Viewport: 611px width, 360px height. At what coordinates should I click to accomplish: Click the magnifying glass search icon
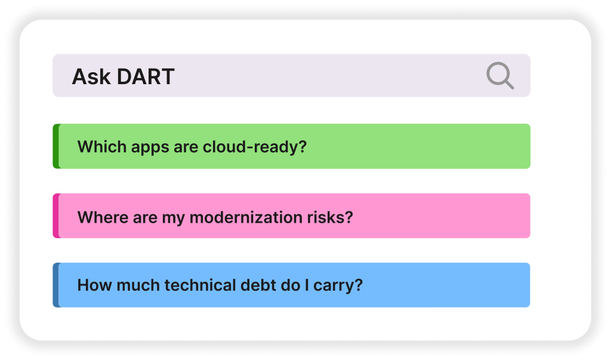[x=500, y=75]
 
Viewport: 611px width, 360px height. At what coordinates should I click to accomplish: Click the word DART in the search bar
[x=146, y=76]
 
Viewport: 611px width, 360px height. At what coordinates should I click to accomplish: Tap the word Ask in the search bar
[x=91, y=76]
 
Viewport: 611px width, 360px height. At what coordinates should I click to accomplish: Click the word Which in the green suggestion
[x=102, y=147]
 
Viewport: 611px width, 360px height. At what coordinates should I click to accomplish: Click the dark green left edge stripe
[x=57, y=146]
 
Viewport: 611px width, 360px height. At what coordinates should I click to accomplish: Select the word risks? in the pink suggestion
[x=330, y=217]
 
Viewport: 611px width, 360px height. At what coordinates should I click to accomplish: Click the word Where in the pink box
[x=103, y=217]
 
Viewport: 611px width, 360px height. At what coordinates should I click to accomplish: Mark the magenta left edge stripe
[x=57, y=216]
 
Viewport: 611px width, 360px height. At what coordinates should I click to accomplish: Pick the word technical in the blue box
[x=200, y=285]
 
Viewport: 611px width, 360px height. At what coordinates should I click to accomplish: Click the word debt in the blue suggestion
[x=258, y=285]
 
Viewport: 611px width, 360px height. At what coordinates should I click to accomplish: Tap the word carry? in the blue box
[x=338, y=286]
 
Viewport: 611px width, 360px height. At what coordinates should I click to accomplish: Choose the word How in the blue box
[x=95, y=285]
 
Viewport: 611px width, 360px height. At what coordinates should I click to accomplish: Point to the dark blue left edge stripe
[x=57, y=285]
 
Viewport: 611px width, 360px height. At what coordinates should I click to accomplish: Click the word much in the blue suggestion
[x=138, y=285]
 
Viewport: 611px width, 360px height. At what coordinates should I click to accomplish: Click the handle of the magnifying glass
[x=508, y=83]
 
